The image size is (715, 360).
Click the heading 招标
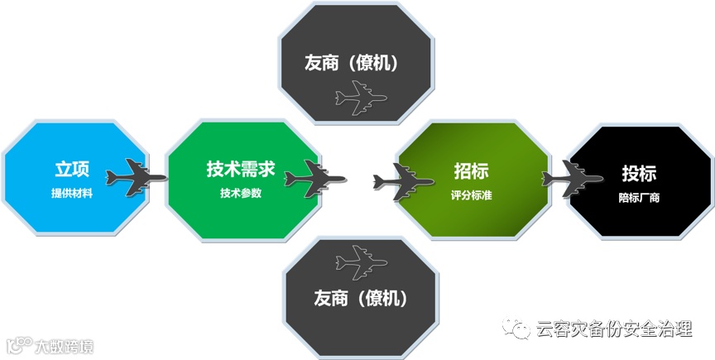471,171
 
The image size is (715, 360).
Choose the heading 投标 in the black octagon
639,173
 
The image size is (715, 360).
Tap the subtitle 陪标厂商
639,198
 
